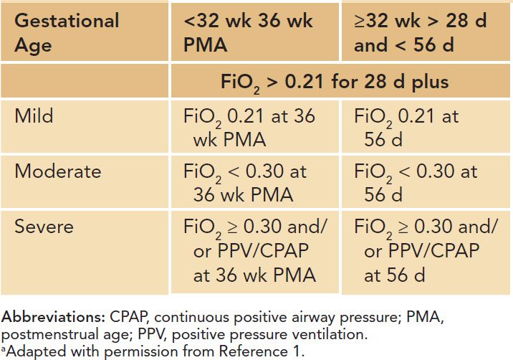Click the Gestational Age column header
[x=67, y=32]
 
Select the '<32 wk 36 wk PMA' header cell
[x=249, y=32]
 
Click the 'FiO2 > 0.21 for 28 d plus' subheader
[x=334, y=82]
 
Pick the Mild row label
[x=34, y=116]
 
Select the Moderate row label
[x=57, y=171]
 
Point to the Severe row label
[x=44, y=227]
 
